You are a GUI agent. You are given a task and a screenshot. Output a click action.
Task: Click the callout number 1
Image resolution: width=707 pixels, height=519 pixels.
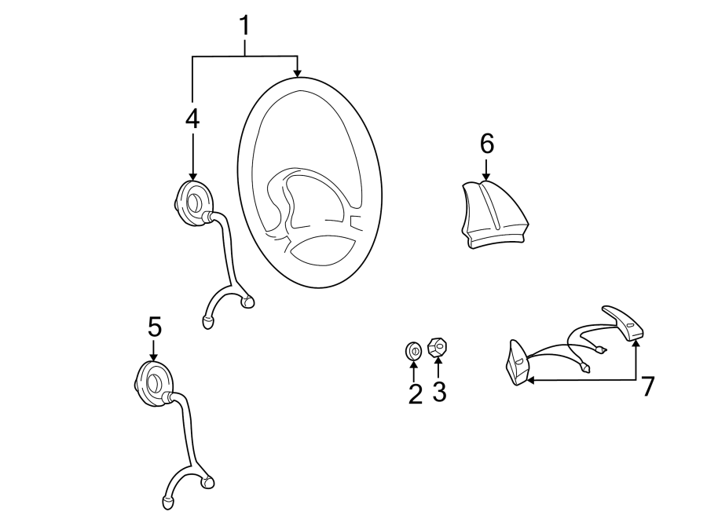[x=244, y=26]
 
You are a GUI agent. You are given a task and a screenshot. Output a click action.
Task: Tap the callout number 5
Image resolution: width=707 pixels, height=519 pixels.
[x=154, y=326]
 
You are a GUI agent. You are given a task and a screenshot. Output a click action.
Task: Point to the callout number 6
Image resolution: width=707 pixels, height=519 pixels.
[x=486, y=144]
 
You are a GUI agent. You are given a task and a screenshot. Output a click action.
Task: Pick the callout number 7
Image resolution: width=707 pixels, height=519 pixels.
[x=647, y=386]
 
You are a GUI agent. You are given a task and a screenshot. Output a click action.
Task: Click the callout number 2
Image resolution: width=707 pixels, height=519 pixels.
[x=415, y=393]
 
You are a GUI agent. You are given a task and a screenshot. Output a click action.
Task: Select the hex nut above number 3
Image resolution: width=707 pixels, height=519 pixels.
[x=438, y=346]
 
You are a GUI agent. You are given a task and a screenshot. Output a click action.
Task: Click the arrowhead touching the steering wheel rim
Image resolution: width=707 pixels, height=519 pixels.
[x=297, y=72]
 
